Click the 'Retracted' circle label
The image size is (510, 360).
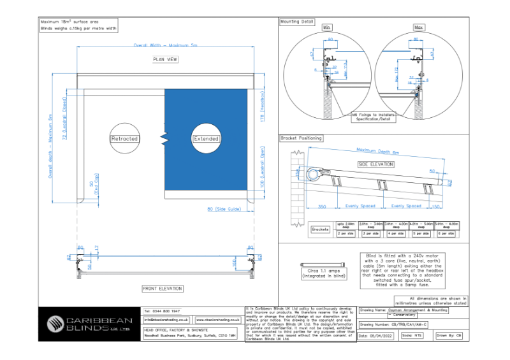coord(124,138)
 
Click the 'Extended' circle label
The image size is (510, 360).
coord(206,138)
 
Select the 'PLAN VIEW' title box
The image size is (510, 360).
coord(165,60)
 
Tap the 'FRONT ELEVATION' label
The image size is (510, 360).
coord(162,289)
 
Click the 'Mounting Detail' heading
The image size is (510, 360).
coord(297,22)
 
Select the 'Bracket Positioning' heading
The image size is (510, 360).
coord(302,138)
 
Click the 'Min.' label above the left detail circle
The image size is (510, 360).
coord(328,28)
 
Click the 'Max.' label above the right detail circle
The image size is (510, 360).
coord(419,28)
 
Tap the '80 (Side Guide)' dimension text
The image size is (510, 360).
coord(224,209)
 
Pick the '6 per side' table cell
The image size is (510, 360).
coord(447,234)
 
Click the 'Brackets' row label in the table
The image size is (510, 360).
coord(321,229)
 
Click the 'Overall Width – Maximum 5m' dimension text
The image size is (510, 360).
coord(165,46)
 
